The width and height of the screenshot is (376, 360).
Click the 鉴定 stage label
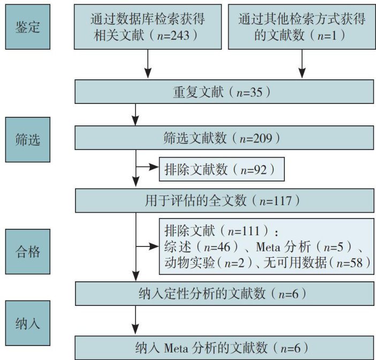tap(27, 27)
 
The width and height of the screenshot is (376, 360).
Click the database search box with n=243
tap(147, 27)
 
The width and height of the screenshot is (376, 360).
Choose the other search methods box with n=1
tap(302, 27)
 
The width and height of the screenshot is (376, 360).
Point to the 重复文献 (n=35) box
tap(224, 92)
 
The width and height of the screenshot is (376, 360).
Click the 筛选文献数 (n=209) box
tap(224, 138)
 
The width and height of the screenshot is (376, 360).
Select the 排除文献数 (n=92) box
tap(221, 170)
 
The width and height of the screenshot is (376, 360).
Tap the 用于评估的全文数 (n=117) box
tap(224, 201)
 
